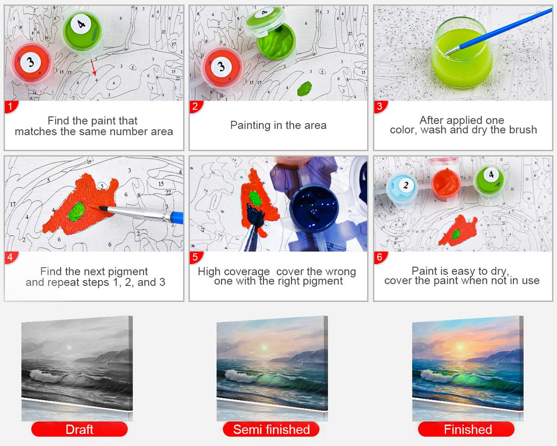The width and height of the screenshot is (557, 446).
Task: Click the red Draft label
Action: click(x=79, y=429)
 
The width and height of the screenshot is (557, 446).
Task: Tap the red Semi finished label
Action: click(x=271, y=429)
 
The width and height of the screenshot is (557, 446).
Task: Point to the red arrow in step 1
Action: click(x=94, y=68)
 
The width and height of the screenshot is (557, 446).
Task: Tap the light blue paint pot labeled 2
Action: click(x=401, y=186)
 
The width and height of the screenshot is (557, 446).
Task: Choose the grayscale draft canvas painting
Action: click(x=77, y=365)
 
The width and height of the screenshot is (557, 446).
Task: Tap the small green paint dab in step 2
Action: click(x=305, y=88)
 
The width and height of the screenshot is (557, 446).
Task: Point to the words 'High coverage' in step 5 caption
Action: click(x=234, y=271)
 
